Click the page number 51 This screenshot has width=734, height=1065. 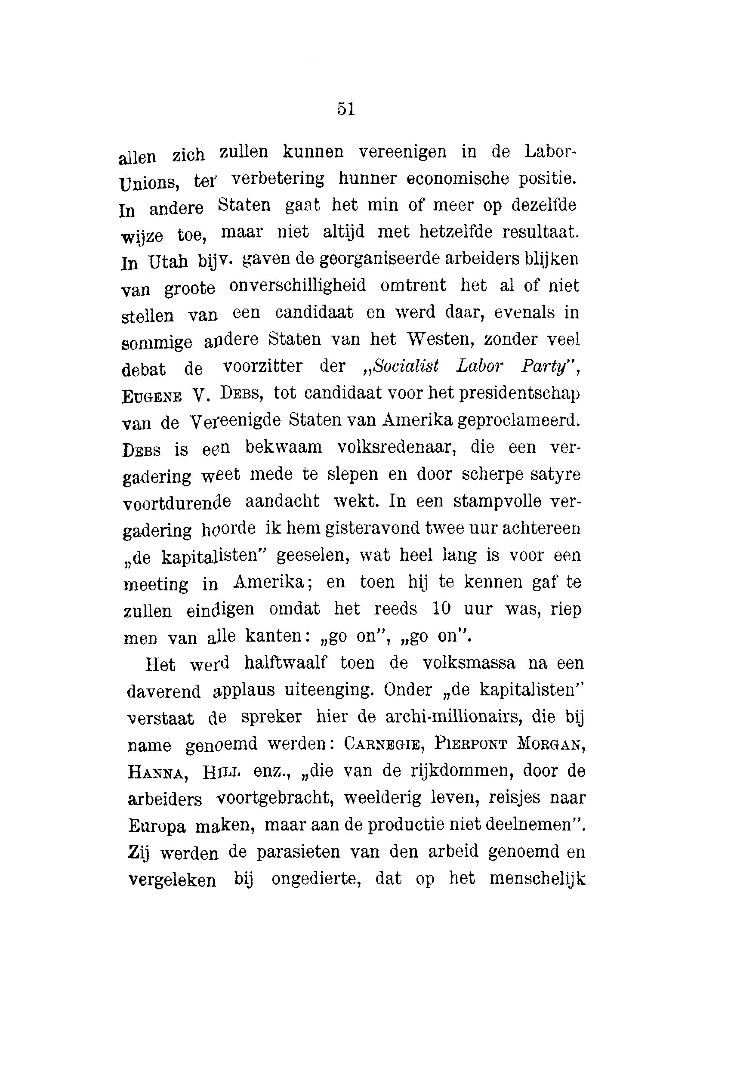[346, 109]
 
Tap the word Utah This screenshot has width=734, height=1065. [168, 262]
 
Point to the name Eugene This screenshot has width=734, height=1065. [151, 396]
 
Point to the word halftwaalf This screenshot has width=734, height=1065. [285, 663]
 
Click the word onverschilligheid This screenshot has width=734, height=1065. [298, 286]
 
